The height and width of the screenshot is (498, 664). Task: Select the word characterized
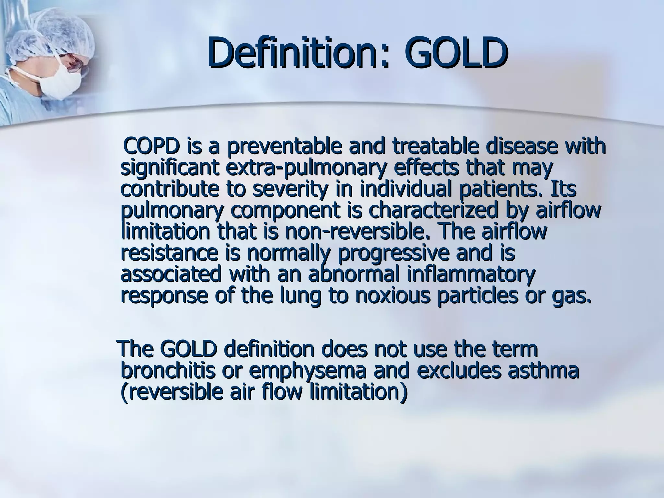pos(433,211)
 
